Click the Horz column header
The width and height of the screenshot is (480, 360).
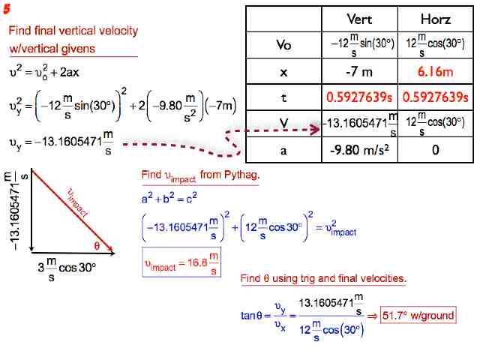pyautogui.click(x=436, y=19)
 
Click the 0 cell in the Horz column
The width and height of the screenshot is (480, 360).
pyautogui.click(x=436, y=149)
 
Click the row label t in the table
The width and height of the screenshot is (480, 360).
pyautogui.click(x=283, y=97)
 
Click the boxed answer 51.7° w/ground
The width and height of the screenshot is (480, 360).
pyautogui.click(x=418, y=315)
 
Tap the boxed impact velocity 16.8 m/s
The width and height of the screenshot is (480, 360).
pyautogui.click(x=181, y=265)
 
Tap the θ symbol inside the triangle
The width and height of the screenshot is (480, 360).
pyautogui.click(x=97, y=245)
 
